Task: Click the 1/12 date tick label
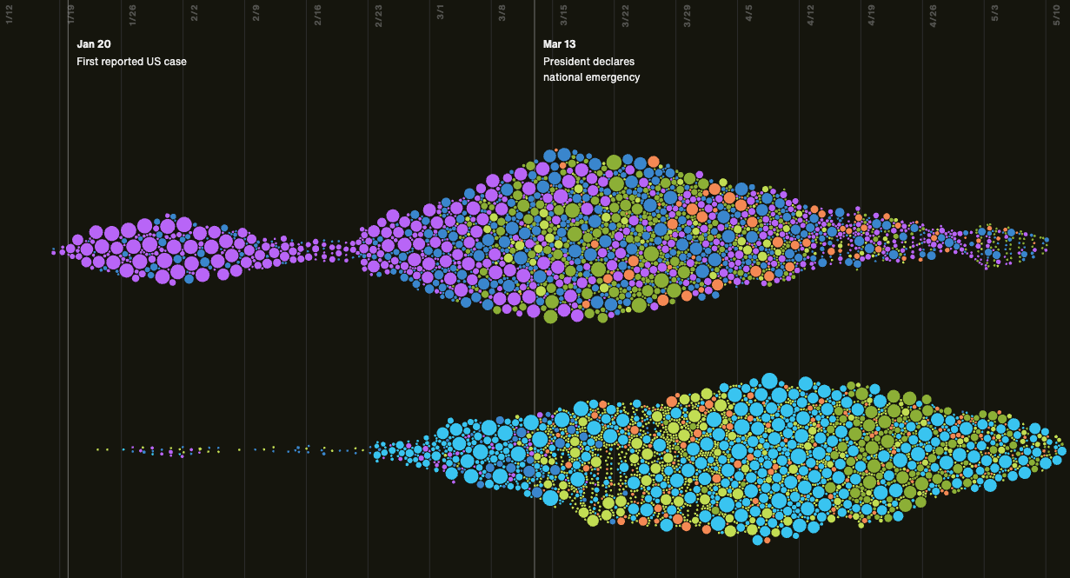9,16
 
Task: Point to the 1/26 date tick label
132,16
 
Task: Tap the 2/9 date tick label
256,16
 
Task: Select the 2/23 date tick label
379,16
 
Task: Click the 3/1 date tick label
441,16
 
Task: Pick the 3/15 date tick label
564,16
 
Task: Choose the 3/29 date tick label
688,16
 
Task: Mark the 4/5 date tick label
749,16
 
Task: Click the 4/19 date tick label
872,16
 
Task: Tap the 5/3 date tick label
995,16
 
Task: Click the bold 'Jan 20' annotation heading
94,44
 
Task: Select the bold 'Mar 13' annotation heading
560,44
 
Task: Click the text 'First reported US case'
131,62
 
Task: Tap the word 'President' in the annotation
566,62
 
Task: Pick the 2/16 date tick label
317,16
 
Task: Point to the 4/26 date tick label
934,16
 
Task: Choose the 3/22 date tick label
626,16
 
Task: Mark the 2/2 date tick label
194,16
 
